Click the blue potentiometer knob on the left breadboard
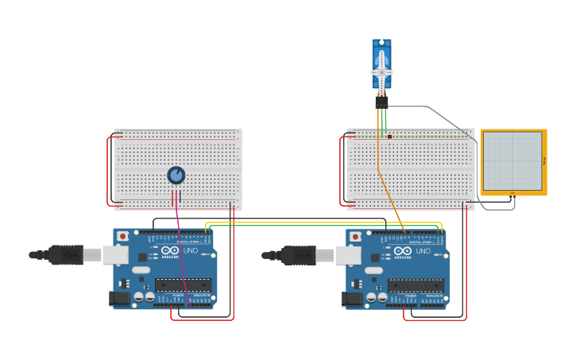coord(176,175)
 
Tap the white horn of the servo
coord(381,72)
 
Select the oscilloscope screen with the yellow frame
coord(512,161)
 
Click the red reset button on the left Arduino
coord(122,236)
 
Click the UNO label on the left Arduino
coord(191,250)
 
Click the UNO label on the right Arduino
coord(423,250)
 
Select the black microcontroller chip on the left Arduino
coord(184,285)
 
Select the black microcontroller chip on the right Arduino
coord(416,285)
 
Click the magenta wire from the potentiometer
coord(181,254)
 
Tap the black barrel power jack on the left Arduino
coord(118,298)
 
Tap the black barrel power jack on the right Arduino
coord(351,298)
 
